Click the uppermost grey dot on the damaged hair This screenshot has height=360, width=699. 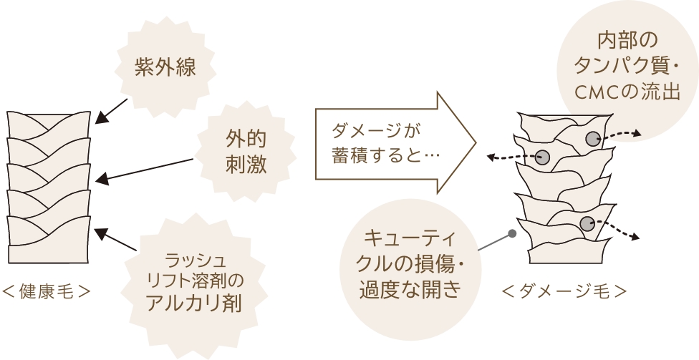592,139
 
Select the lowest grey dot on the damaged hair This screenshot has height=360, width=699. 587,223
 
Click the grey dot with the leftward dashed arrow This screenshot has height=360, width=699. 542,157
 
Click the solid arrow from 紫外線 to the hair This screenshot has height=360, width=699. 112,110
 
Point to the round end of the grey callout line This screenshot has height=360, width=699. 513,233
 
